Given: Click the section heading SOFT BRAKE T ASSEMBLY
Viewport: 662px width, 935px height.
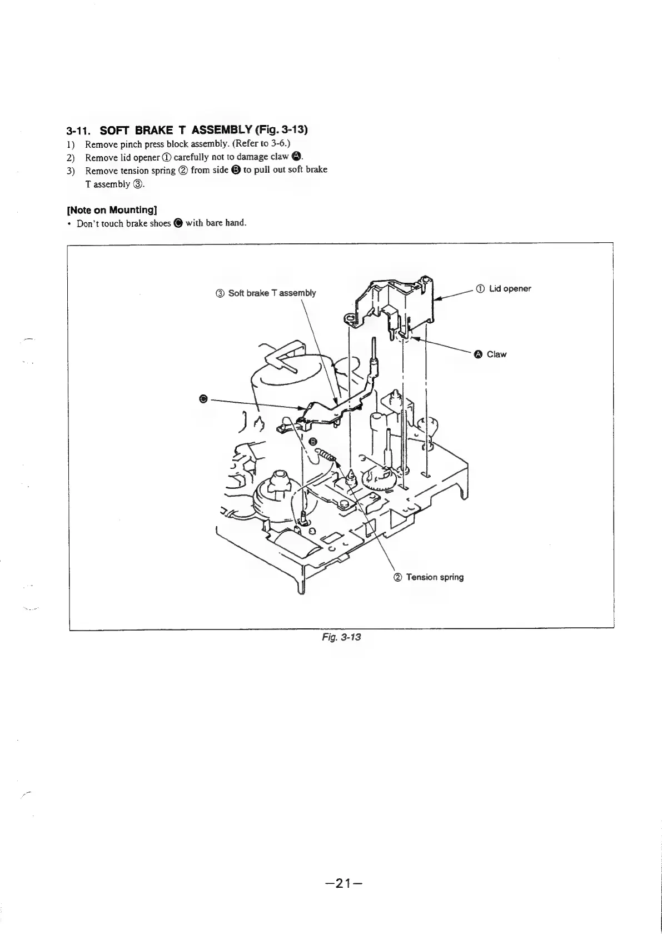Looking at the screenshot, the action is (186, 131).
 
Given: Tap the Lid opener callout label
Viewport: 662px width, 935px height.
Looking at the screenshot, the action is (510, 288).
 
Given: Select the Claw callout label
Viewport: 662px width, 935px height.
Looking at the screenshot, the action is (496, 354).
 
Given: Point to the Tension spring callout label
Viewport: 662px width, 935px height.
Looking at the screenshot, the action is (434, 577).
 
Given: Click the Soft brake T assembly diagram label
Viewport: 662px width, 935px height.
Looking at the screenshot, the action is (272, 293).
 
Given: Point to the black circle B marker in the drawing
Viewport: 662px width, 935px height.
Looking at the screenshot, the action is (313, 441).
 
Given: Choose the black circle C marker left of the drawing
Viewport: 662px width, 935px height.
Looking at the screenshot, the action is (203, 398).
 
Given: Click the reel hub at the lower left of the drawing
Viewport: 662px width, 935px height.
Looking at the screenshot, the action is (278, 489).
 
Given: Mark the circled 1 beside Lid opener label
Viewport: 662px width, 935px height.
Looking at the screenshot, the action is (480, 288).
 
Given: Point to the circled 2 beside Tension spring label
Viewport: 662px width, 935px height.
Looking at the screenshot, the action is (398, 577).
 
